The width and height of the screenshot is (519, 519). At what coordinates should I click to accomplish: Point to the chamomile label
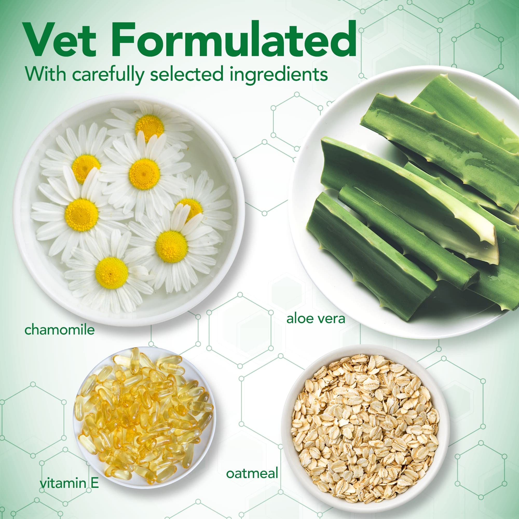pyautogui.click(x=59, y=330)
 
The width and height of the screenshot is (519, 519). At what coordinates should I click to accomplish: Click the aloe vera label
pyautogui.click(x=316, y=319)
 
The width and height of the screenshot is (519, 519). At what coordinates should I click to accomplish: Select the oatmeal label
pyautogui.click(x=252, y=474)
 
